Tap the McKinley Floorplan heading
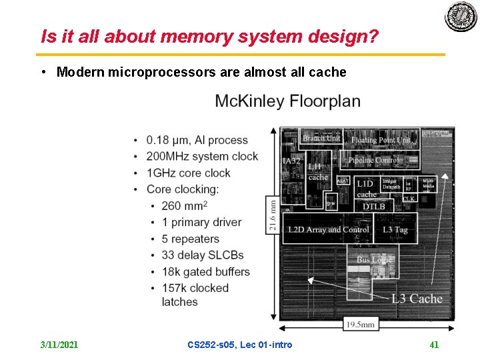pos(287,102)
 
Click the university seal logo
pos(461,16)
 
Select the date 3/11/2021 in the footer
pos(59,345)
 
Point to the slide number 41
pos(434,345)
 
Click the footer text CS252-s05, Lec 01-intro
pos(239,345)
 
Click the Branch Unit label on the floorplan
pos(321,138)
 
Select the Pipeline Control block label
pos(373,161)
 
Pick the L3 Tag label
pos(395,229)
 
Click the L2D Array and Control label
pos(328,229)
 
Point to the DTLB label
pos(374,207)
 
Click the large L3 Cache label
pos(416,298)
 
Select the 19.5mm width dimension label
pos(360,325)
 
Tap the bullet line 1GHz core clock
pos(189,173)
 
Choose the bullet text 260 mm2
pos(185,205)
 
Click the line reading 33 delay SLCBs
pos(203,255)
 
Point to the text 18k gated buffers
pos(205,271)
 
